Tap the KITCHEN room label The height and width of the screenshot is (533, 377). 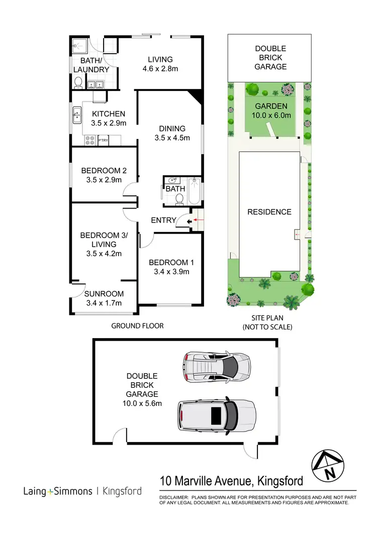(x=108, y=114)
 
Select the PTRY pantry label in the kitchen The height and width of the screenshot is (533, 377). (x=104, y=141)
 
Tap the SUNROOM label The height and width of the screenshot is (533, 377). (x=104, y=294)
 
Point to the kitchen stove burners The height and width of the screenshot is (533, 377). (x=90, y=140)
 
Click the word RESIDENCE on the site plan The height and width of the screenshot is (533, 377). (x=269, y=211)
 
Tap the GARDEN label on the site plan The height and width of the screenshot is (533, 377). (x=271, y=106)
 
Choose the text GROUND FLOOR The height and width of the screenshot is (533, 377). (x=137, y=326)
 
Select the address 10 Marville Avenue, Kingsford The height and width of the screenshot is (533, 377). (x=231, y=481)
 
